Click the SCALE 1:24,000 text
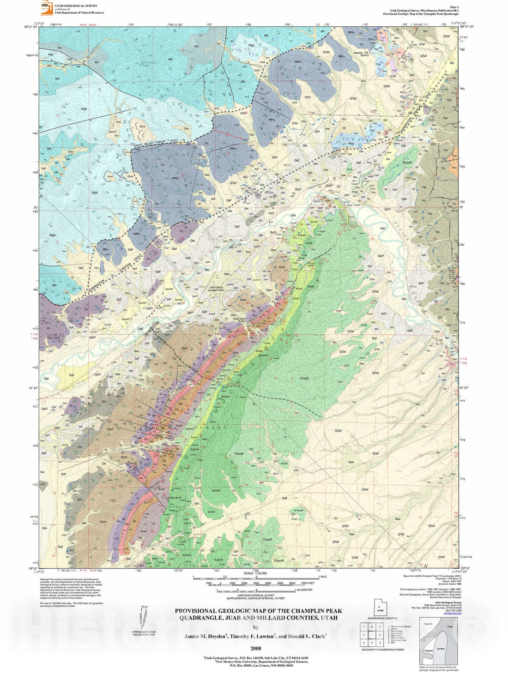[x=255, y=573]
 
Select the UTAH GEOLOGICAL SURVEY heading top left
[x=76, y=6]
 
